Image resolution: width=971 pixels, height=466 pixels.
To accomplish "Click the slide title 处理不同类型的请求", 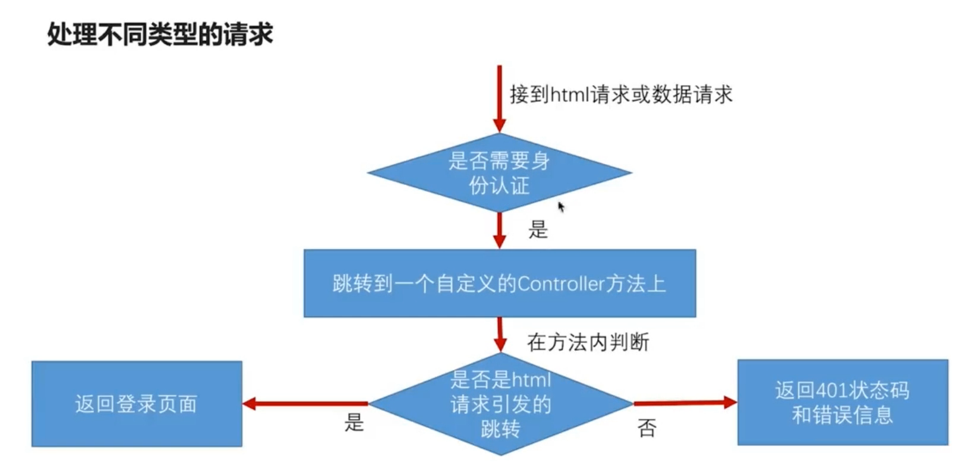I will pos(160,34).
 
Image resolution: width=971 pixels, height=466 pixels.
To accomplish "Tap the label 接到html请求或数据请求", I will pos(621,95).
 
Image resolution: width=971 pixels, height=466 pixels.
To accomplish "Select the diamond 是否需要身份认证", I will pos(499,173).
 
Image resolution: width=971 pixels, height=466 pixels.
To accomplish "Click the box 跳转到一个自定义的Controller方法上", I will pos(499,284).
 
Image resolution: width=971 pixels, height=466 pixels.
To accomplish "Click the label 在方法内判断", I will pos(588,342).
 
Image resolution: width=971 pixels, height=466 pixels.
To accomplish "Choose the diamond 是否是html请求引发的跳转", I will pos(500,404).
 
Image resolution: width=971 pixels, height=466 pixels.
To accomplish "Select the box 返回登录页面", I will pos(136,404).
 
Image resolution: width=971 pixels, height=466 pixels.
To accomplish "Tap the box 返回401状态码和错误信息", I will pos(842,402).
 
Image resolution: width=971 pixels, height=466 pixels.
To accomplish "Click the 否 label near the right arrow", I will pos(647,428).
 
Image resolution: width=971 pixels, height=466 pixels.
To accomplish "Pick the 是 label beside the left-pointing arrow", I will pos(354,423).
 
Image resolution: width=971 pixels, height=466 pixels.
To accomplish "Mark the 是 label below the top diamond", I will pos(538,229).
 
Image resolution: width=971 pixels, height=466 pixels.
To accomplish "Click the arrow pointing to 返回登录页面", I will pos(306,404).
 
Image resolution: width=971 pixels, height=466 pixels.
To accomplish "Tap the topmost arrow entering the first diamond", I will pos(499,98).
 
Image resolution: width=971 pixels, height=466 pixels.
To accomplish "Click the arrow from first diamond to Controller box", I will pos(500,230).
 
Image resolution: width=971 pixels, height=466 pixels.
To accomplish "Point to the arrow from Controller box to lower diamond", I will pos(500,334).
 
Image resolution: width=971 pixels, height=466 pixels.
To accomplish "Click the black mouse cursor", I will pos(561,206).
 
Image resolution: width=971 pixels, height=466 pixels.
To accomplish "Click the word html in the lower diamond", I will pos(531,380).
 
